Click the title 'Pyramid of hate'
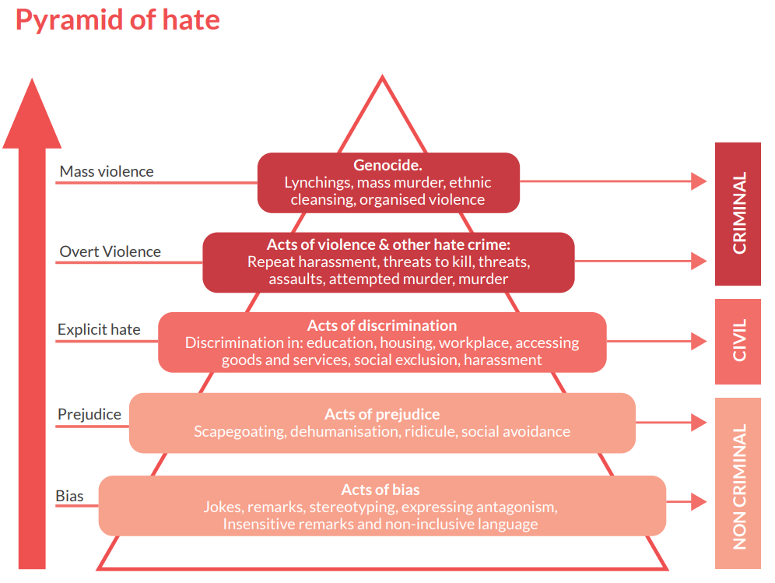pos(117,20)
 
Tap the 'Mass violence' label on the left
pos(107,171)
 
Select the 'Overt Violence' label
pos(110,251)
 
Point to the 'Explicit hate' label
pos(99,329)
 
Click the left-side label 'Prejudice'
pos(89,414)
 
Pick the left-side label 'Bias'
pos(69,496)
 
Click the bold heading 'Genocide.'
pos(387,165)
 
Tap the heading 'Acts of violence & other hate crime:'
pos(387,244)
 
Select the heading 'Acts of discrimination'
pos(381,325)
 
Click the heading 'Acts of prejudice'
pos(382,414)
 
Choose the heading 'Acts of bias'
pos(380,490)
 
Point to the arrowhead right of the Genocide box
pos(699,181)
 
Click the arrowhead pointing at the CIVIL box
pos(699,341)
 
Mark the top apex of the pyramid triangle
pos(382,78)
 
